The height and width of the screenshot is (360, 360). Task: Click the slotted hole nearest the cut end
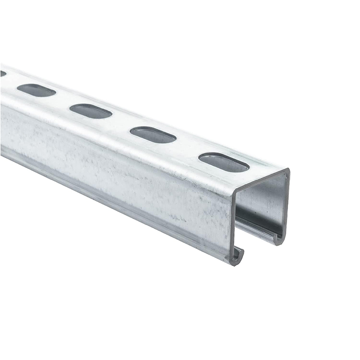coord(224,162)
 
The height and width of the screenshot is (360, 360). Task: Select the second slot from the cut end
coord(153,135)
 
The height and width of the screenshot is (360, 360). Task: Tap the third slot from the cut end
coord(90,111)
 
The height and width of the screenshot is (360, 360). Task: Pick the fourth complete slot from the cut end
coord(36,90)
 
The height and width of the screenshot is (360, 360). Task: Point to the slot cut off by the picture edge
coord(3,73)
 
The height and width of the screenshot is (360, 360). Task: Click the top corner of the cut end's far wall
coord(287,171)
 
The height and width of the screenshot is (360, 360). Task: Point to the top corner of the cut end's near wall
coord(234,192)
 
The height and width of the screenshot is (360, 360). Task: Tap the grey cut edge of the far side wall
coord(286,202)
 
